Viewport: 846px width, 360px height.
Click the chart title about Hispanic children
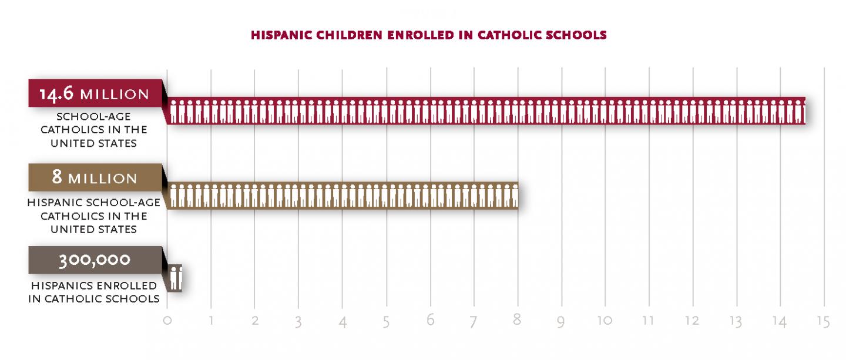coord(428,35)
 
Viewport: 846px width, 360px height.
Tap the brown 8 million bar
coord(343,196)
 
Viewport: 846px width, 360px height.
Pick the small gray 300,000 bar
coord(176,278)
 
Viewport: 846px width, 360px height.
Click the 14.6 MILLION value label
coord(95,94)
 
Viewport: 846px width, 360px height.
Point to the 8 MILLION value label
coord(95,178)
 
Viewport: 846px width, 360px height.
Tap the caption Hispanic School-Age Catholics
coord(95,216)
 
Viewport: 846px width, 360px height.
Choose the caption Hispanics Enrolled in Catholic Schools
coord(95,292)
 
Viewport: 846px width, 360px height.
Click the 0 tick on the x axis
coord(167,321)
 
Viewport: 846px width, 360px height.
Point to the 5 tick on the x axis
coord(387,322)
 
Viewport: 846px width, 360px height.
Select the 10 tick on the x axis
coord(605,321)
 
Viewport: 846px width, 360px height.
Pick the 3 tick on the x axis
coord(299,322)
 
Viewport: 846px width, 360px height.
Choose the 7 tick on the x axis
coord(474,322)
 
